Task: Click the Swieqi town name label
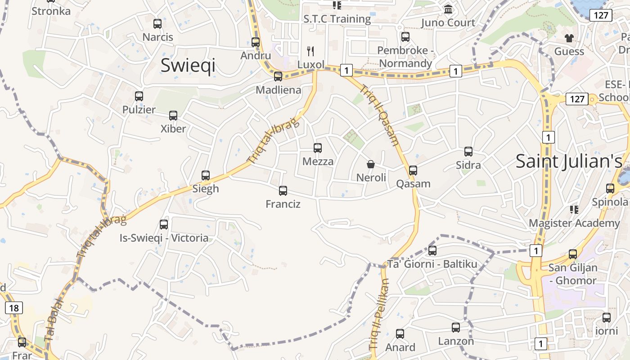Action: point(188,66)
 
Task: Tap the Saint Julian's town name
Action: point(569,161)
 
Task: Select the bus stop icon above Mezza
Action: point(318,148)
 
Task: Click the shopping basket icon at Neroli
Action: point(371,164)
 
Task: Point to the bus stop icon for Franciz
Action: point(283,191)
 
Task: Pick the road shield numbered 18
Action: point(14,308)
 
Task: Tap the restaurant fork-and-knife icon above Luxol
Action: point(310,51)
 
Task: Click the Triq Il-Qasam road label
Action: point(380,116)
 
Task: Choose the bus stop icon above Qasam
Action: point(413,171)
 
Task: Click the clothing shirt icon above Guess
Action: point(569,38)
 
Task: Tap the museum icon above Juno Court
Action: point(448,9)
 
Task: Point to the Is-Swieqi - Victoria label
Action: point(164,238)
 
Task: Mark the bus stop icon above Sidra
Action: point(468,152)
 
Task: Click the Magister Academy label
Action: point(574,223)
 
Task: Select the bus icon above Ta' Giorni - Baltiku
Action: point(432,250)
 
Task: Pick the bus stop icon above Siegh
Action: point(206,175)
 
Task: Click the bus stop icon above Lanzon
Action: point(456,328)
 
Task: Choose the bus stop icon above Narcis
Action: point(157,24)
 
